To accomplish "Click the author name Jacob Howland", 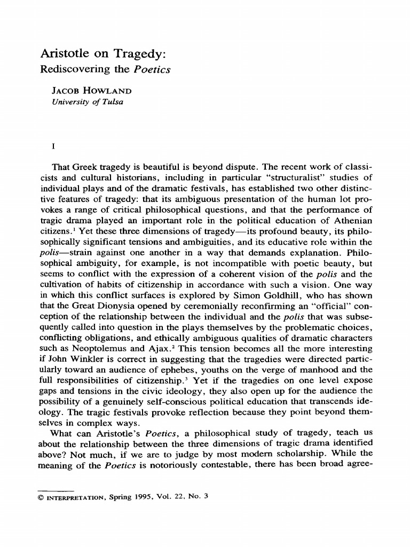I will click(91, 91).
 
